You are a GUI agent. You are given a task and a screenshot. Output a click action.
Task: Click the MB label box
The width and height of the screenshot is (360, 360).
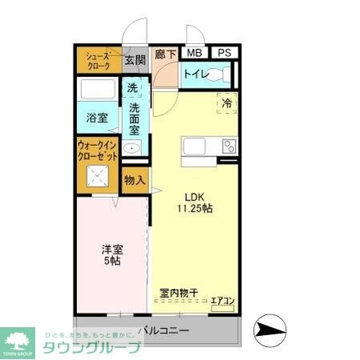pos(193,53)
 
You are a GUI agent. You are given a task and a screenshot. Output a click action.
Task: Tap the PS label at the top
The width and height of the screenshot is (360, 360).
pos(224,53)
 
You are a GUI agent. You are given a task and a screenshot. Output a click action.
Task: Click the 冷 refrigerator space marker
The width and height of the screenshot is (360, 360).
pos(227,102)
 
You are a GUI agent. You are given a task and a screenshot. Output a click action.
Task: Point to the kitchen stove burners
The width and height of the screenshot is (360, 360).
pos(229,146)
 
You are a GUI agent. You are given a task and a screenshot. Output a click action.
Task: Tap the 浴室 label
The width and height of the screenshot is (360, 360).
pos(98,117)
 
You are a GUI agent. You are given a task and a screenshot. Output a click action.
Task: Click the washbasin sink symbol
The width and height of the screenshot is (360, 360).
pos(134,148)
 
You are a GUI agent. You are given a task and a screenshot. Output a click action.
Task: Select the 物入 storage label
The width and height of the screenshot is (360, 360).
pos(135,180)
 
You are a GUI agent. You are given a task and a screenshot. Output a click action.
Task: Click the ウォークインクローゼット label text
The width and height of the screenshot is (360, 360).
pos(97,150)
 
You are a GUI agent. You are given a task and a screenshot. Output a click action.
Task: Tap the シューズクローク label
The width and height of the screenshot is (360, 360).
pos(98,60)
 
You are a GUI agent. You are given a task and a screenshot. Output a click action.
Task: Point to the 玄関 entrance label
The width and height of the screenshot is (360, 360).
pos(135,59)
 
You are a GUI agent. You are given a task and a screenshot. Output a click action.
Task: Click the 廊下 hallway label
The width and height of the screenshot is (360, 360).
pos(164,54)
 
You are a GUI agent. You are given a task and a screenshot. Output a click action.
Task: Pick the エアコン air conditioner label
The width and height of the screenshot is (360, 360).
pos(222,301)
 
